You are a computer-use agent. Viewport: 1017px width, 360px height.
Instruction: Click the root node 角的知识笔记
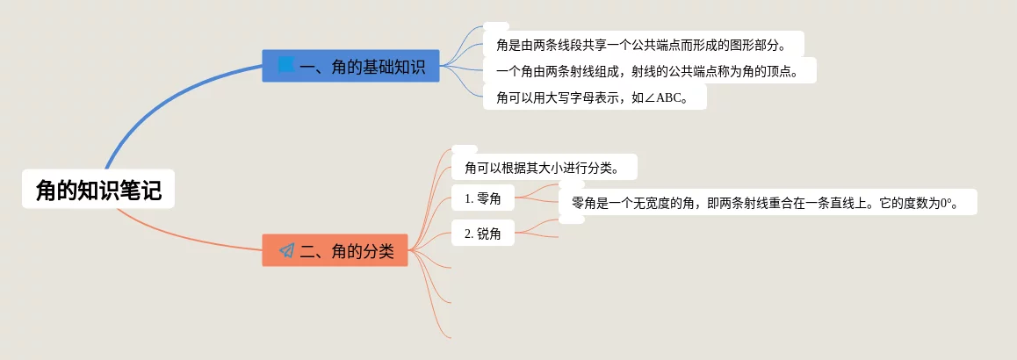tap(98, 189)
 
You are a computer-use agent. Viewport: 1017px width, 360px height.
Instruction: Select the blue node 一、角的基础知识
tap(351, 66)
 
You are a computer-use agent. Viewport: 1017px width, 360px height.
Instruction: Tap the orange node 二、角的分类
tap(335, 250)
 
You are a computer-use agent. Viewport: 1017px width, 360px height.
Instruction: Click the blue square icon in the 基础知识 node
tap(286, 65)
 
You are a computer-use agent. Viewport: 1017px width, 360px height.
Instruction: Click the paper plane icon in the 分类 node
tap(286, 250)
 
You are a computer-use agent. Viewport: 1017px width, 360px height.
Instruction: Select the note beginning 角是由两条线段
tap(644, 44)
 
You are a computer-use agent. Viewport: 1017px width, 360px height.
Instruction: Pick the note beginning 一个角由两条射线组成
tap(649, 71)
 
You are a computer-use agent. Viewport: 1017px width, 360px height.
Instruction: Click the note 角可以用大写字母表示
tap(595, 97)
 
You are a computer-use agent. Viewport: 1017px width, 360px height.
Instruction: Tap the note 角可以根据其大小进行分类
tap(545, 168)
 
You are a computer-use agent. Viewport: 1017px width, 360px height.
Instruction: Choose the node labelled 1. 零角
tap(482, 198)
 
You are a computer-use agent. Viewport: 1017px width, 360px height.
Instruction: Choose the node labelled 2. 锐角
tap(482, 234)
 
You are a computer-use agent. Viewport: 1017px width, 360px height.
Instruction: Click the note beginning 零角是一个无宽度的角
tap(768, 202)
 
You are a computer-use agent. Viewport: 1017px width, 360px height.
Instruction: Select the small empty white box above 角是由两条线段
tap(496, 26)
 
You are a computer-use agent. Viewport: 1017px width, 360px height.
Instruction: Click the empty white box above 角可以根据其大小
tap(465, 149)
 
